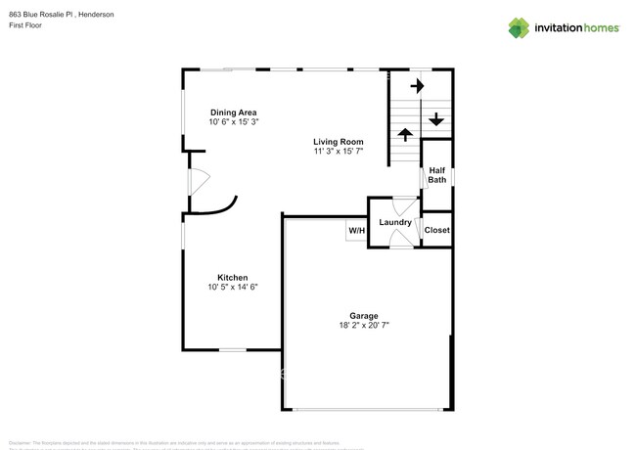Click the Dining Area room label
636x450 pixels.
tap(233, 112)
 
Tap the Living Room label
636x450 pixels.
tap(339, 142)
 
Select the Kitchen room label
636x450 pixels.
tap(232, 278)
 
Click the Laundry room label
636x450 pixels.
tap(395, 223)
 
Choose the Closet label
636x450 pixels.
tap(436, 230)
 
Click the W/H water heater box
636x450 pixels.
tap(356, 231)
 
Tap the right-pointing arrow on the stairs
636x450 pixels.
tap(417, 86)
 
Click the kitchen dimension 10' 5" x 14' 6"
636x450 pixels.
tap(232, 288)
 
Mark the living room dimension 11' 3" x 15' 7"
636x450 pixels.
tap(339, 152)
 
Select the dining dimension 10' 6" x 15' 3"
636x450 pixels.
tap(233, 122)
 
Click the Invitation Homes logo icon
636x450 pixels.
tap(519, 27)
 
